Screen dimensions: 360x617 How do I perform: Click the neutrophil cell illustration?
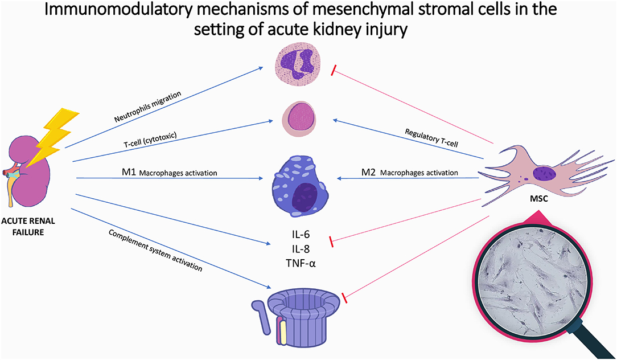(x=297, y=66)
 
